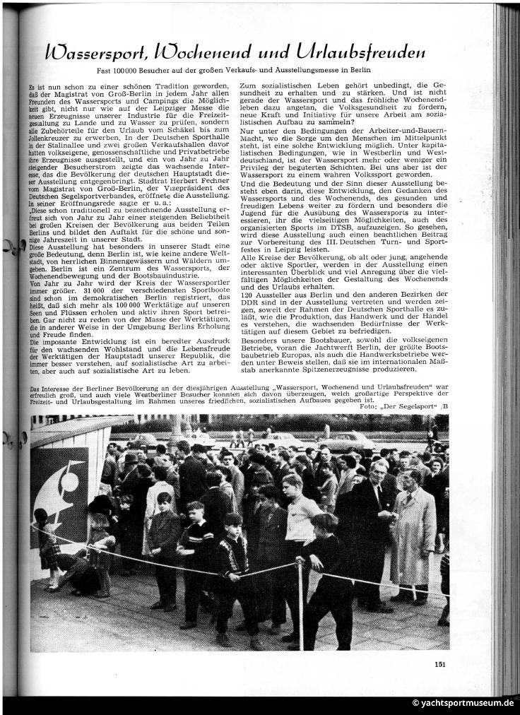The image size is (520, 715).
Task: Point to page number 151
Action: click(x=439, y=663)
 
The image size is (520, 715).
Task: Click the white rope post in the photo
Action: click(x=300, y=601)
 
